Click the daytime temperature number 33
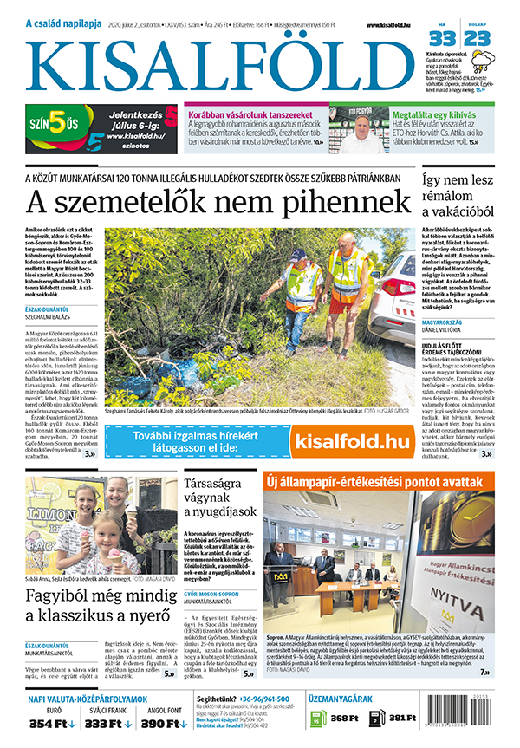pyautogui.click(x=442, y=39)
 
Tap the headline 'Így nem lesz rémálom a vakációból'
pyautogui.click(x=458, y=194)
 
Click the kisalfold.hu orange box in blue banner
pyautogui.click(x=351, y=442)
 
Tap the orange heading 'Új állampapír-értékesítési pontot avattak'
pyautogui.click(x=379, y=480)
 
